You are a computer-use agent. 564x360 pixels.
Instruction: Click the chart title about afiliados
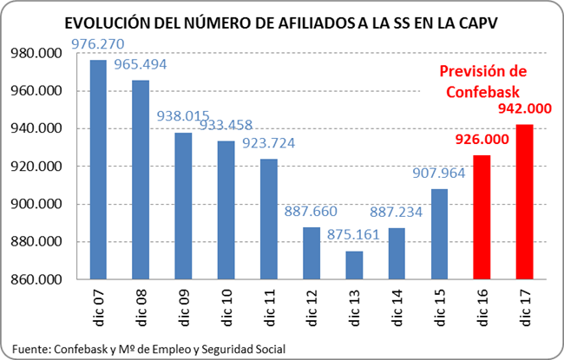click(282, 25)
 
